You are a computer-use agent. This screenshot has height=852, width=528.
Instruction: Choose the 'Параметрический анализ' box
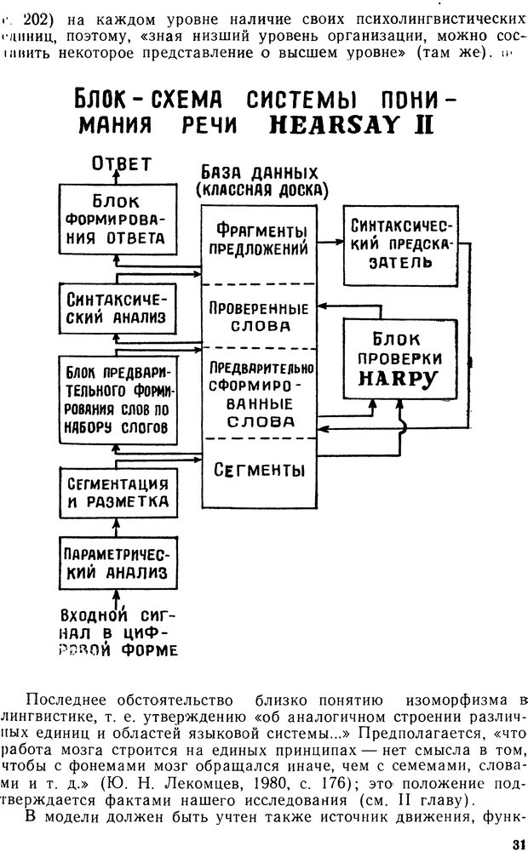[x=118, y=562]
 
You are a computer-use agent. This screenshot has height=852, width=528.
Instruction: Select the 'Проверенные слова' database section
[x=261, y=317]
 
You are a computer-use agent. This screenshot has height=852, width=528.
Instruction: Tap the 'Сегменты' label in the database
[x=261, y=469]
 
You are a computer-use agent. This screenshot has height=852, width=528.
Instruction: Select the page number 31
[x=514, y=843]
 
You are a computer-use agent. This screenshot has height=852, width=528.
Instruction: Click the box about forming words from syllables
[x=118, y=400]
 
